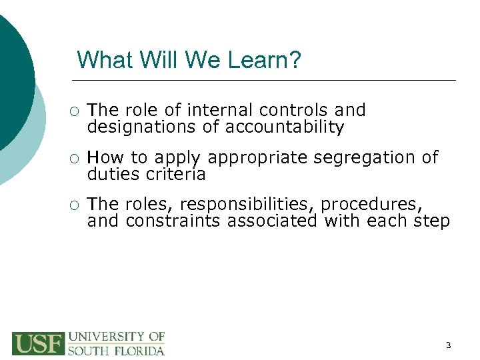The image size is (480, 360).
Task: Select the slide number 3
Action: click(448, 345)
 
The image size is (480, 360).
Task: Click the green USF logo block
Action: click(38, 343)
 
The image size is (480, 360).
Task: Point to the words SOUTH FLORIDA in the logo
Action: click(117, 350)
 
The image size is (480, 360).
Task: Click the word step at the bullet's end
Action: click(431, 221)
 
